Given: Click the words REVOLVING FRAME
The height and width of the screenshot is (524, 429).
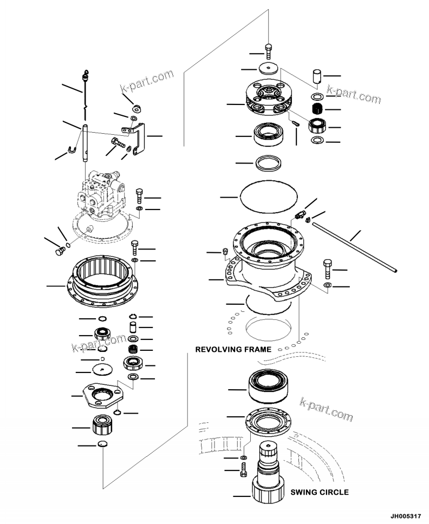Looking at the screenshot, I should tap(233, 350).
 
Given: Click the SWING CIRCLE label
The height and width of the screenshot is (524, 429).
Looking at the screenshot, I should tap(319, 493).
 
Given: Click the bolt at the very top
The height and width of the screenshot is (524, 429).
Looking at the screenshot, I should tap(269, 52).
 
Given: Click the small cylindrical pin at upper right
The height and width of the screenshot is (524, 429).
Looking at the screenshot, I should tap(317, 76).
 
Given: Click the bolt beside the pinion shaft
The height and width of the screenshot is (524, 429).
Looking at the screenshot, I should tap(243, 470).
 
